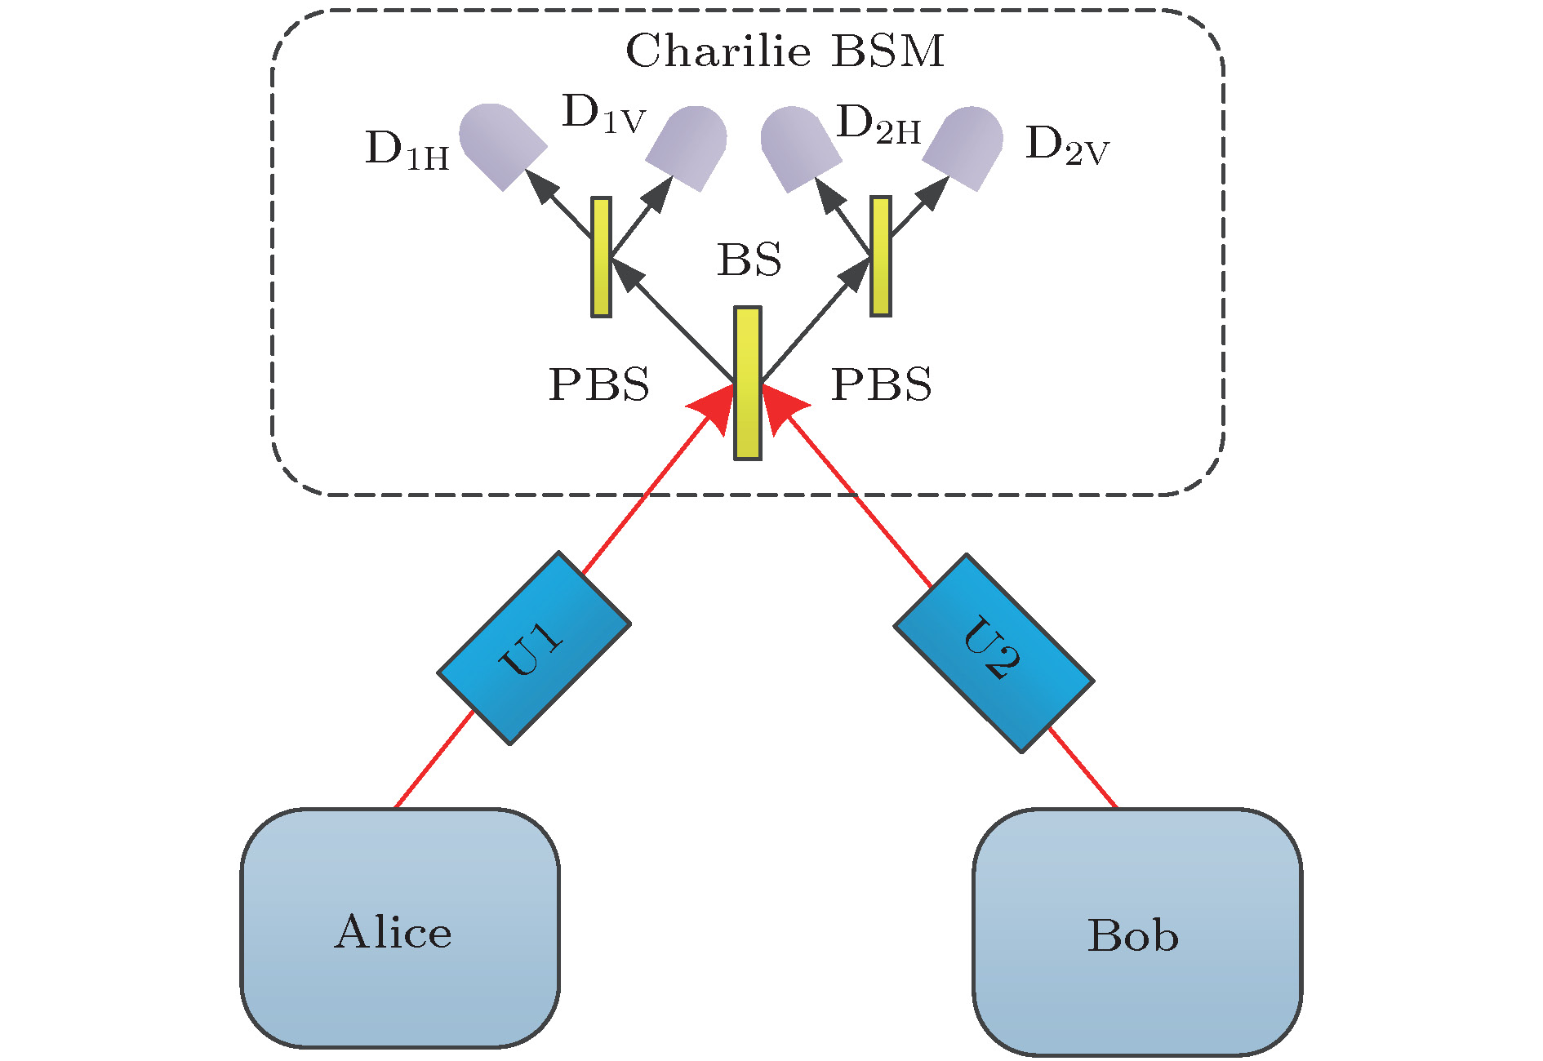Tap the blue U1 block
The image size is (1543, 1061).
click(x=534, y=648)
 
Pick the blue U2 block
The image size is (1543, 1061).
click(x=994, y=653)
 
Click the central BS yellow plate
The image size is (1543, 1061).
click(x=748, y=383)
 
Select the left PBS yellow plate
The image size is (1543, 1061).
click(x=602, y=256)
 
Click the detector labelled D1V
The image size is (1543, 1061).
click(x=688, y=147)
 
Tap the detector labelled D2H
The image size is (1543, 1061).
click(x=799, y=148)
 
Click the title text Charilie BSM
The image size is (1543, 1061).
click(x=785, y=51)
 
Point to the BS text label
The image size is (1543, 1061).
click(x=749, y=261)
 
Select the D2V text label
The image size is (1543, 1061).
click(x=1066, y=147)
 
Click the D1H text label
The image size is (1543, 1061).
click(x=407, y=151)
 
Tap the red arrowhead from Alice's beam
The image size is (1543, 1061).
click(x=715, y=407)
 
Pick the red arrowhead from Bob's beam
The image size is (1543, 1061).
click(x=781, y=407)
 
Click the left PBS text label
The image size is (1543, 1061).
click(x=599, y=384)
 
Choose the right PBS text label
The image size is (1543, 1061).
click(x=881, y=384)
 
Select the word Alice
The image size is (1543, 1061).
click(x=393, y=932)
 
